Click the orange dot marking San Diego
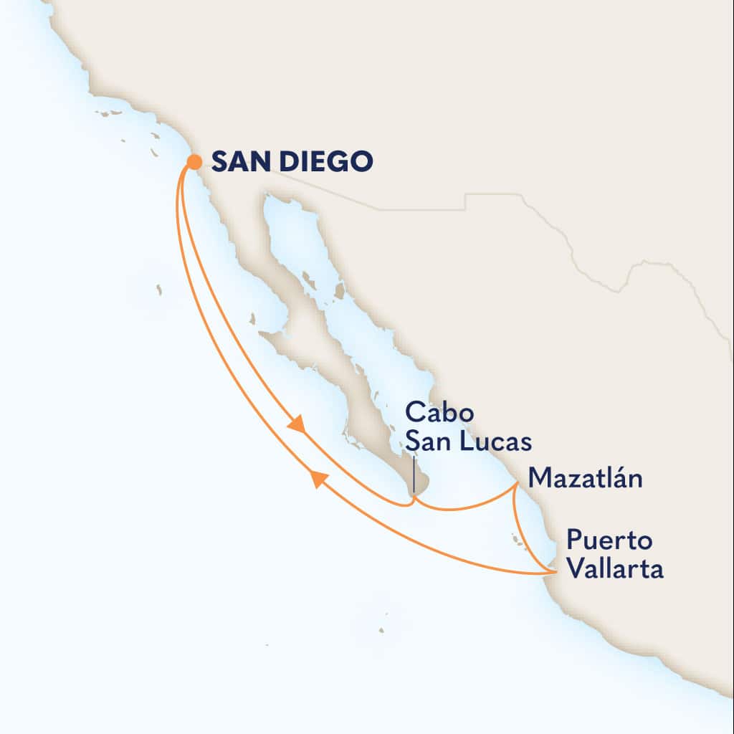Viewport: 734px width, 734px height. click(194, 163)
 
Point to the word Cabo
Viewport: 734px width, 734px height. click(429, 414)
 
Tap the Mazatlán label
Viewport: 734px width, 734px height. click(584, 478)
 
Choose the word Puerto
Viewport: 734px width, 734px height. click(604, 540)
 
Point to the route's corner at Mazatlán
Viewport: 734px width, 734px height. click(517, 485)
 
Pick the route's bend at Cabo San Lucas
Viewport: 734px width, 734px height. click(410, 501)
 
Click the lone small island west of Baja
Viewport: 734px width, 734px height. click(158, 290)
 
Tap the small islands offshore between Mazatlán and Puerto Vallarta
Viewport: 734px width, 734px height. click(516, 539)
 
